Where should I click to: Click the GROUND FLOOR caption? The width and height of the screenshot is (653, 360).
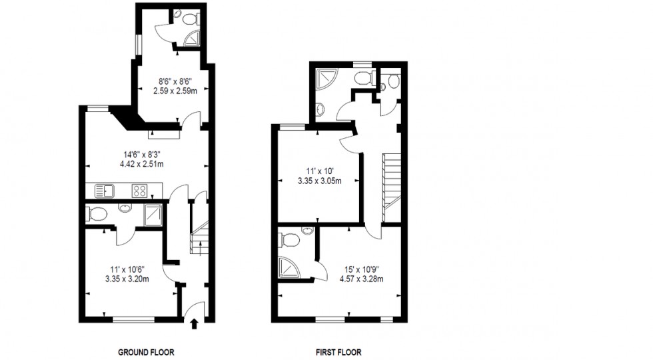click(x=146, y=352)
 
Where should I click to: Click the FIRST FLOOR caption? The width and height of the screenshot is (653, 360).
click(x=339, y=352)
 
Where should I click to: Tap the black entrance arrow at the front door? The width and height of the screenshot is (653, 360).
click(x=194, y=325)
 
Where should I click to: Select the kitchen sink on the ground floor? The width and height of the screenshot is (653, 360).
click(x=105, y=191)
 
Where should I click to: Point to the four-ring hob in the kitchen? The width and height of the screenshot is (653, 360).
click(x=140, y=191)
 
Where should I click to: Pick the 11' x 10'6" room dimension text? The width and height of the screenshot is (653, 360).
click(x=127, y=274)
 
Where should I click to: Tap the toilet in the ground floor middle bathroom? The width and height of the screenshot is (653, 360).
click(x=97, y=214)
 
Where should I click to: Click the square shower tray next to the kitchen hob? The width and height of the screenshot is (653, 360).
click(x=153, y=214)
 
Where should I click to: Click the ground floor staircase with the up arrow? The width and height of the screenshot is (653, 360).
click(x=199, y=231)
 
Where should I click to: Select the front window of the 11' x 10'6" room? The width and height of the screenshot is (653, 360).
click(x=133, y=320)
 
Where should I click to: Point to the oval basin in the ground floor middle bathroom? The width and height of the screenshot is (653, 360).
click(x=125, y=207)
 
